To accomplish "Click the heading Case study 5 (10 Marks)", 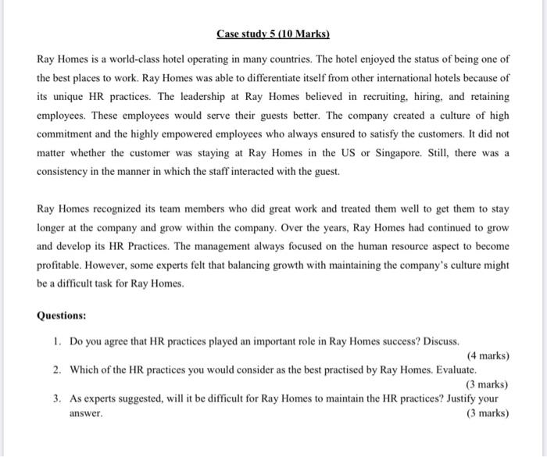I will [273, 34].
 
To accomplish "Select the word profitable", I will [62, 266].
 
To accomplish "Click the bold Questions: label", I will [62, 316].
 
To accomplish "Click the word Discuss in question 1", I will [440, 342].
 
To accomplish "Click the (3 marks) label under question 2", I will [486, 384].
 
